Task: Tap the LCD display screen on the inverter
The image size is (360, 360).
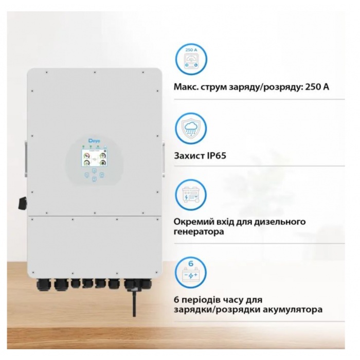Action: point(94,158)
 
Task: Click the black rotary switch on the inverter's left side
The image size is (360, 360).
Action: point(23,204)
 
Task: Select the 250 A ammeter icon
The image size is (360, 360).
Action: point(191,59)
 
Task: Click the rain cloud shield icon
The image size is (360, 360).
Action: point(191,128)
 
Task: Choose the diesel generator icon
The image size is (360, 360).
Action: point(191,195)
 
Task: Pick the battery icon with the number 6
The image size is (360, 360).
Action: point(191,273)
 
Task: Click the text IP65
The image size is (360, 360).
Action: point(217,156)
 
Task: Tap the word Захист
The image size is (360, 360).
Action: point(189,156)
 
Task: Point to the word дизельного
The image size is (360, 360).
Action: point(281,222)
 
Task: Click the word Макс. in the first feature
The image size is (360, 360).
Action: point(186,87)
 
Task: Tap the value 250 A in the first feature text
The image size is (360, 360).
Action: point(317,87)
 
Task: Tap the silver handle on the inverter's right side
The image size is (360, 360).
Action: point(164,159)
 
